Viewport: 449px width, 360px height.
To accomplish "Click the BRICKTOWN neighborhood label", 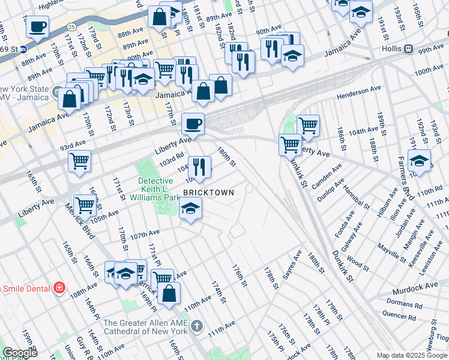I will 208,192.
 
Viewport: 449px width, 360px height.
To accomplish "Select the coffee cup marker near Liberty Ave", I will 193,124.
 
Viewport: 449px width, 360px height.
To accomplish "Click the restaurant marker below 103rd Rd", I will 199,166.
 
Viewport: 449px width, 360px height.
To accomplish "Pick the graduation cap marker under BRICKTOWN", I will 191,208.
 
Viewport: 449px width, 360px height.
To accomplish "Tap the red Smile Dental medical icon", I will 59,288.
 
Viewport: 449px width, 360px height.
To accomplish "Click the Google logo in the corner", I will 19,352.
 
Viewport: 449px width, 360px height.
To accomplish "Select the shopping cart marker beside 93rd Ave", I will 79,161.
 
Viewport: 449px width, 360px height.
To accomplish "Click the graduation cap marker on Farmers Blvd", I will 419,161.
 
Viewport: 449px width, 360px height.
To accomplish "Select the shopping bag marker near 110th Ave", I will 169,293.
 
